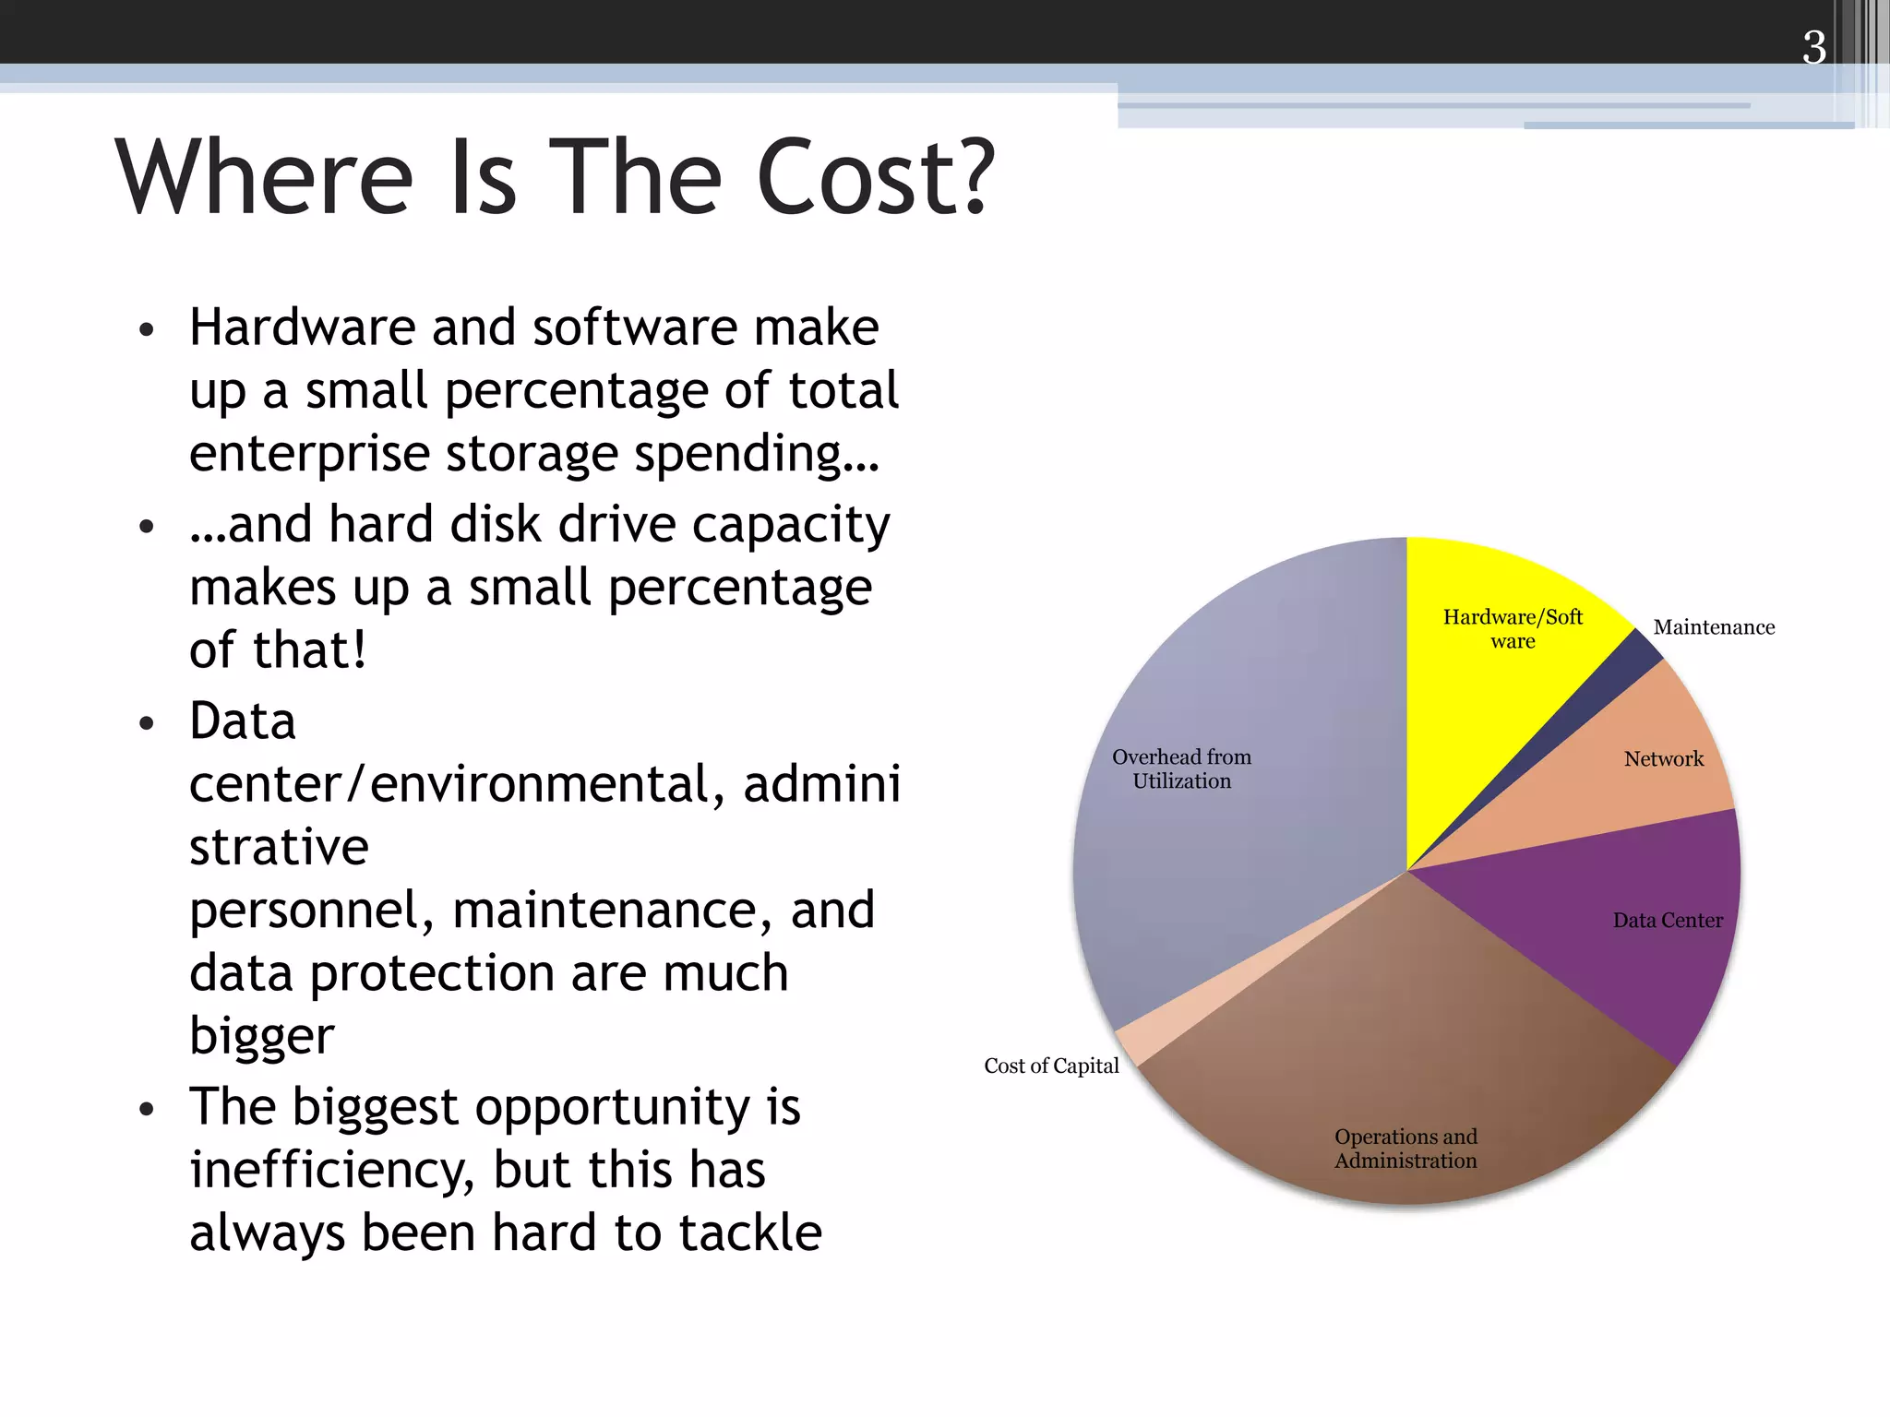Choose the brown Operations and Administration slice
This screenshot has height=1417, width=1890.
pyautogui.click(x=1403, y=1061)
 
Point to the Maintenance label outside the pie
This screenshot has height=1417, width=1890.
pyautogui.click(x=1714, y=627)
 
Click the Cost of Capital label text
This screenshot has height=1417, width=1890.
pyautogui.click(x=1051, y=1066)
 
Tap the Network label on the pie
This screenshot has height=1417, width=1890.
pyautogui.click(x=1663, y=759)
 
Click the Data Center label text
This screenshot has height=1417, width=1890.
pyautogui.click(x=1668, y=921)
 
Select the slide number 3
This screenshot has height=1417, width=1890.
pyautogui.click(x=1813, y=47)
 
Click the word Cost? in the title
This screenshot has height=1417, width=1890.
pyautogui.click(x=876, y=178)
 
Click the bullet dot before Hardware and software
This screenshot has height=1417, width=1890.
pyautogui.click(x=146, y=330)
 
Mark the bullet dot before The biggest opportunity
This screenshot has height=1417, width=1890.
pyautogui.click(x=146, y=1109)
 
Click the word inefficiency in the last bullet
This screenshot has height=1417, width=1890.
pyautogui.click(x=333, y=1171)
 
